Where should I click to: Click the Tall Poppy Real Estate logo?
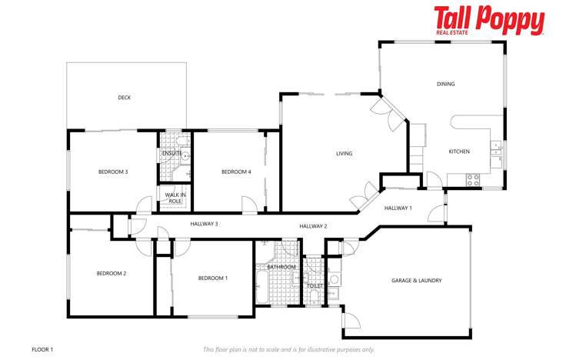pyautogui.click(x=489, y=21)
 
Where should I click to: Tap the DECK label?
pyautogui.click(x=124, y=98)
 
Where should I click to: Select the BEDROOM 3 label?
pyautogui.click(x=112, y=172)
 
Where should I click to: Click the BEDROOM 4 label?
pyautogui.click(x=236, y=172)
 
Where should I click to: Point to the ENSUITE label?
pyautogui.click(x=171, y=153)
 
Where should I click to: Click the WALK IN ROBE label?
pyautogui.click(x=175, y=198)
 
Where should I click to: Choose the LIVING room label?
pyautogui.click(x=344, y=154)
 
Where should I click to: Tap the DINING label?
pyautogui.click(x=445, y=84)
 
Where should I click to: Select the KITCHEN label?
pyautogui.click(x=459, y=152)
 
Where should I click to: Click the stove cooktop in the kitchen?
pyautogui.click(x=474, y=179)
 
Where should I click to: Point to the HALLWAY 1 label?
pyautogui.click(x=398, y=208)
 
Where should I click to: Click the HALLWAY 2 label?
pyautogui.click(x=313, y=226)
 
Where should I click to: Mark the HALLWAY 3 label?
pyautogui.click(x=205, y=224)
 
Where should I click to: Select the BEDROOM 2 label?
pyautogui.click(x=111, y=273)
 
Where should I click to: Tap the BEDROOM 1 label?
pyautogui.click(x=212, y=278)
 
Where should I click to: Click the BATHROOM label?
pyautogui.click(x=281, y=267)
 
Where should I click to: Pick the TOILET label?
pyautogui.click(x=315, y=285)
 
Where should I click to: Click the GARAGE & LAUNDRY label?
pyautogui.click(x=416, y=281)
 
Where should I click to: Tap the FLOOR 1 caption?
pyautogui.click(x=42, y=349)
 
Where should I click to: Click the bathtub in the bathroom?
pyautogui.click(x=261, y=288)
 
